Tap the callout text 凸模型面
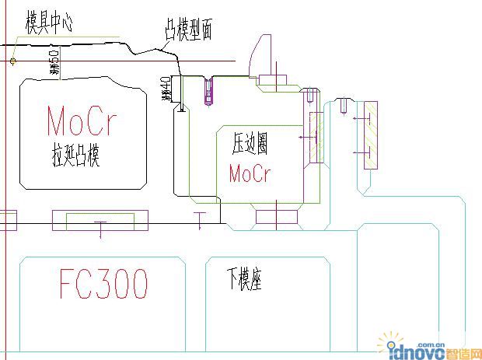[188, 30]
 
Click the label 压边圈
[250, 143]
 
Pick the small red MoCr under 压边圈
[250, 173]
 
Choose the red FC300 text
[103, 284]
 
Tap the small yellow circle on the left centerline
[13, 61]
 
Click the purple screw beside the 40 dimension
[208, 92]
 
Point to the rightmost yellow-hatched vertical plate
[370, 137]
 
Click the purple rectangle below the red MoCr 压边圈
[277, 217]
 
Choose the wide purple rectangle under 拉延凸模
[100, 220]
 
